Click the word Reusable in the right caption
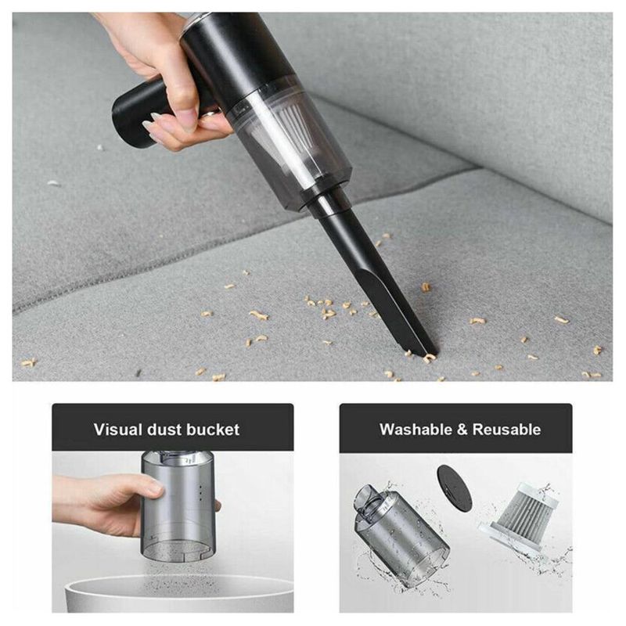506,430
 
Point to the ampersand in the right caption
462,430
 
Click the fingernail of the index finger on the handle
149,128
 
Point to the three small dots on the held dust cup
200,494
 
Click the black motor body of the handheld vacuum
236,52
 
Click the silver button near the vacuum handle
207,116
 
